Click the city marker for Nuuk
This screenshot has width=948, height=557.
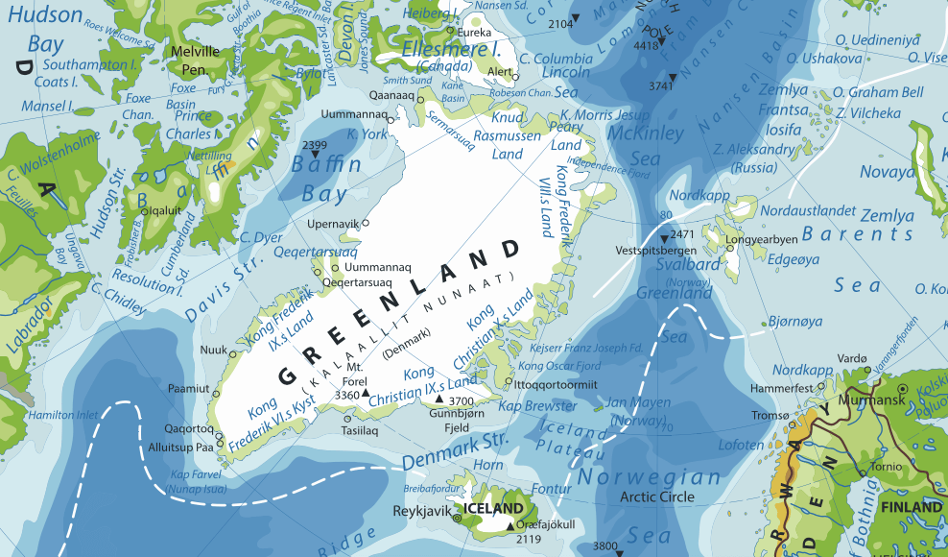231,353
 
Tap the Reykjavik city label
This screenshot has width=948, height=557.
422,510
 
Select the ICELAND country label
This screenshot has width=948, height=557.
493,508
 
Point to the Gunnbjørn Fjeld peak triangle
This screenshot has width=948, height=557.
440,400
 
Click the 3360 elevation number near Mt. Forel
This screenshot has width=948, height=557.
346,395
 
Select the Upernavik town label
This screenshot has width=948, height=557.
332,223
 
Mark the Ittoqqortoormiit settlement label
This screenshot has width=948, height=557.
557,384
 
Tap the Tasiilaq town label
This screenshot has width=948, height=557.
360,431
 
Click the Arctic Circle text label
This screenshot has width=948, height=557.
657,496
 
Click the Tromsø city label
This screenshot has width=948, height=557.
770,415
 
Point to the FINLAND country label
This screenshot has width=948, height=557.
912,506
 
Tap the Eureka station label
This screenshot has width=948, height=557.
482,32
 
